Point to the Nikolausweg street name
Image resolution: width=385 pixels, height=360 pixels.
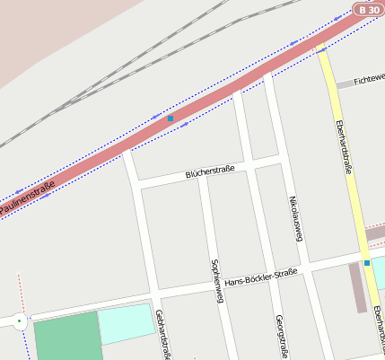(x=295, y=217)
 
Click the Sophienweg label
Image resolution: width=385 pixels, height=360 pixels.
(x=215, y=281)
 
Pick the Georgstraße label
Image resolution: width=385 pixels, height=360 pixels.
(x=280, y=337)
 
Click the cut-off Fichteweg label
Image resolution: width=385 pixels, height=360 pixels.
(x=369, y=80)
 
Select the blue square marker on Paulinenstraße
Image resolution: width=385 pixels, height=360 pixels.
(x=171, y=119)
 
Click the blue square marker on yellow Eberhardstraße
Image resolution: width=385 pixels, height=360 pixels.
(x=366, y=262)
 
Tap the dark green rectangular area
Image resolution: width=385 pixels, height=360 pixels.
(x=68, y=337)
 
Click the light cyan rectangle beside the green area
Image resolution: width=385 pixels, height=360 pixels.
(x=126, y=323)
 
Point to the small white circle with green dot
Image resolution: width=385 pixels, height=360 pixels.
(x=20, y=319)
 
